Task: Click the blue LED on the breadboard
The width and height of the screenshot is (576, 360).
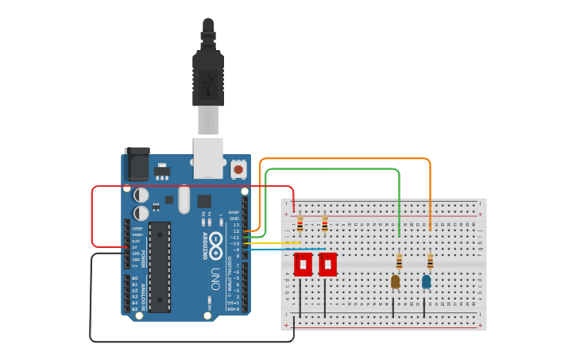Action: (x=427, y=281)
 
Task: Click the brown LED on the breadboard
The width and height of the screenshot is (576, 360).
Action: (x=396, y=281)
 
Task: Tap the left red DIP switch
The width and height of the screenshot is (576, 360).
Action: (x=303, y=265)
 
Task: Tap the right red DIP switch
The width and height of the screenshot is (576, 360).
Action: (x=327, y=265)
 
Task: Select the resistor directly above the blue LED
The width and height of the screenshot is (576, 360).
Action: (x=430, y=261)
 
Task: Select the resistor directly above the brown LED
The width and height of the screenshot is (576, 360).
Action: (x=399, y=261)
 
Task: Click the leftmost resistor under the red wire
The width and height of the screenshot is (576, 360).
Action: (x=300, y=225)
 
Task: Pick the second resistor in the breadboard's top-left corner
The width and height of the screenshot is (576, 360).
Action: (x=324, y=225)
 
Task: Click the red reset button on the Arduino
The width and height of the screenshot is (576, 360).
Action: (x=238, y=168)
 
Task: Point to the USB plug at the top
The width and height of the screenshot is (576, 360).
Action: (x=208, y=79)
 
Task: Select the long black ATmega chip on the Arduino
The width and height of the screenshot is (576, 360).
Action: (x=160, y=266)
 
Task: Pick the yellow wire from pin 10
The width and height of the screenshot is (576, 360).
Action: (x=274, y=243)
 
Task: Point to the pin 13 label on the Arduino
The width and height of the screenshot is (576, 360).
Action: (x=235, y=225)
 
